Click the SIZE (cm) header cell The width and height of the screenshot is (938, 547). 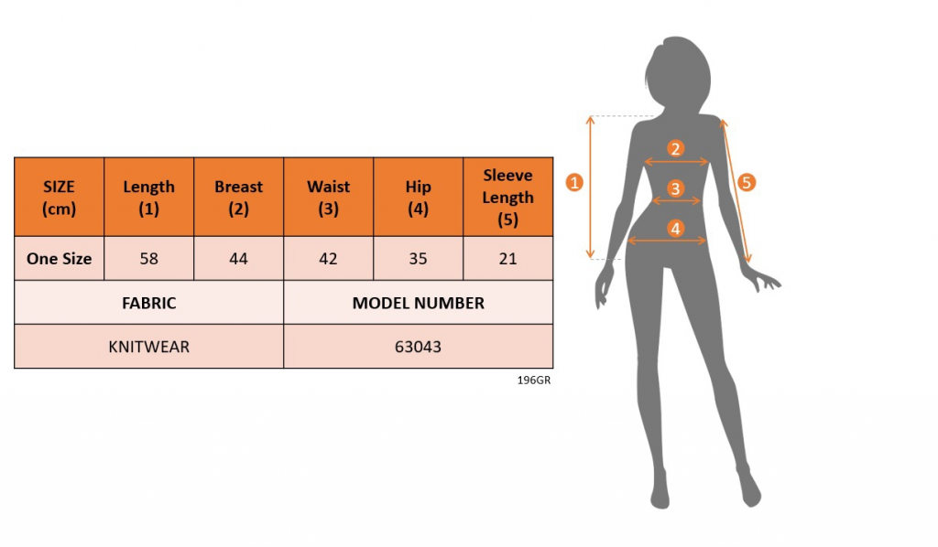[60, 197]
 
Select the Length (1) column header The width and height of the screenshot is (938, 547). [149, 197]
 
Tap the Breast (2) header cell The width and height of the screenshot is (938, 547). [239, 197]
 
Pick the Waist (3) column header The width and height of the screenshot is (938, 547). [329, 197]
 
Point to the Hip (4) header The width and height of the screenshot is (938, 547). [418, 197]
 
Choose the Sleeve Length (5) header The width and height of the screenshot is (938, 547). [507, 197]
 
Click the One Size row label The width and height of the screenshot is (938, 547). [60, 259]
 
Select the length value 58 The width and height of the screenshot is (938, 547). [149, 259]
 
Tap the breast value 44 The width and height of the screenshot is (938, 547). [239, 259]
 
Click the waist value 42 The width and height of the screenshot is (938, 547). [329, 259]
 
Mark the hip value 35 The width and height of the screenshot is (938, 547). [418, 259]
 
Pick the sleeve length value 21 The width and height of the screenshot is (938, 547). [507, 259]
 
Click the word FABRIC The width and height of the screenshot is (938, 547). [149, 303]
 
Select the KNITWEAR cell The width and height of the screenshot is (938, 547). [149, 347]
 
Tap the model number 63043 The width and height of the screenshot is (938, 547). [418, 347]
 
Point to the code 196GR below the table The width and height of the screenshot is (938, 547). [534, 380]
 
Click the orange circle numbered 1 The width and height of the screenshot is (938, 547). [574, 182]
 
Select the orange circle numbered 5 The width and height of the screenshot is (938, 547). [746, 182]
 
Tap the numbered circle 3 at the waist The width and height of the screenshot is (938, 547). [675, 188]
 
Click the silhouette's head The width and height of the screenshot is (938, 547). [678, 70]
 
